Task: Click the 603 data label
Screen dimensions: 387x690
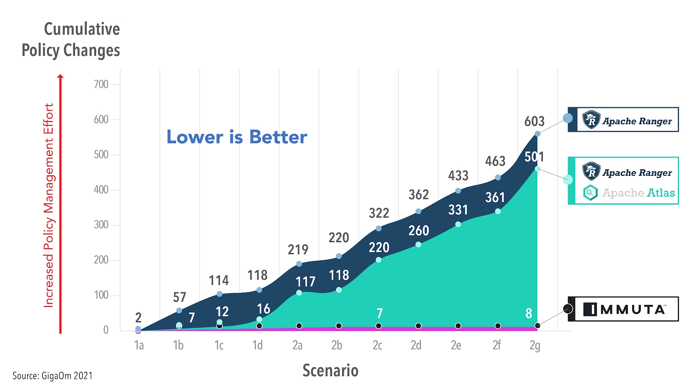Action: [534, 122]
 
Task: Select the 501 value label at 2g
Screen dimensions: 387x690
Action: [534, 157]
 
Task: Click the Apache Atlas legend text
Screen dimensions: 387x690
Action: [638, 193]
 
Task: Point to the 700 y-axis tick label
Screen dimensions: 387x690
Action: [101, 84]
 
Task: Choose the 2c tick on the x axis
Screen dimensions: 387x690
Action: [377, 346]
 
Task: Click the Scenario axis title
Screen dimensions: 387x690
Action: [330, 371]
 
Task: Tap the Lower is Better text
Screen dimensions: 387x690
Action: [237, 137]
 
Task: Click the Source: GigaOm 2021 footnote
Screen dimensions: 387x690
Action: [53, 376]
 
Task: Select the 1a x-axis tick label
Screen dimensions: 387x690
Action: [139, 346]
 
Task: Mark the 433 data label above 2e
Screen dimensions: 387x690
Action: [458, 176]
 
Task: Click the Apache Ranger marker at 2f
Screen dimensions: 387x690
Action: [498, 178]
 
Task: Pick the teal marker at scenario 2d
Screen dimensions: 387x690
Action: [418, 245]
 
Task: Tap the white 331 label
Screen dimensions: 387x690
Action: [458, 210]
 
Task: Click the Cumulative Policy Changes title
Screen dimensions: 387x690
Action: [71, 40]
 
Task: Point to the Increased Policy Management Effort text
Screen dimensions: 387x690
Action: [49, 205]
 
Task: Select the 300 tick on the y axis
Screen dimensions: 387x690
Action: [101, 225]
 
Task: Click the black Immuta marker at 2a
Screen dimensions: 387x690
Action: [299, 326]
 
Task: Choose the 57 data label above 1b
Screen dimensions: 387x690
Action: [179, 297]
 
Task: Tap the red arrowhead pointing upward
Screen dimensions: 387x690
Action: [60, 77]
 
